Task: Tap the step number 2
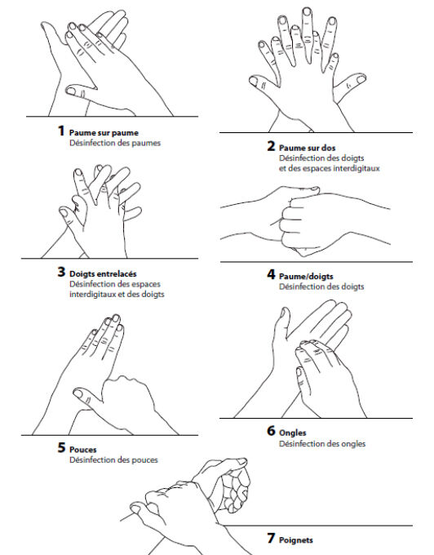271,147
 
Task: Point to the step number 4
271,275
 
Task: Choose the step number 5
61,449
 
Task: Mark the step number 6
271,431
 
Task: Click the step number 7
271,539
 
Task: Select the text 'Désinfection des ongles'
322,444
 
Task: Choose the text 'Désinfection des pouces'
113,460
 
